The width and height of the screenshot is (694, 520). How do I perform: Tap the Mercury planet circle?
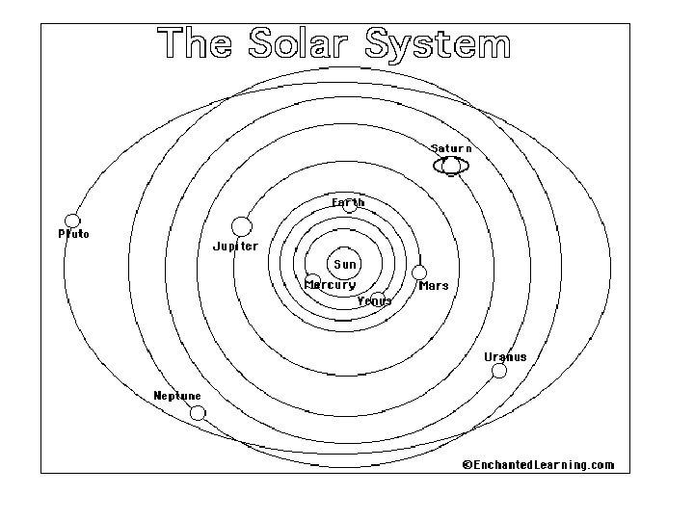coord(312,280)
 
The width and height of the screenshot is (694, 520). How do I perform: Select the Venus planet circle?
coord(379,298)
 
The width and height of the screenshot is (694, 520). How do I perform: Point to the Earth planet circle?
coord(350,206)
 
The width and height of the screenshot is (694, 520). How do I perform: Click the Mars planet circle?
coord(419,273)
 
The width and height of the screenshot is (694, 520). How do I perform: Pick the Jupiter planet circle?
coord(242,226)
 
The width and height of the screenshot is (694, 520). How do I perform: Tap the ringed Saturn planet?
coord(451,167)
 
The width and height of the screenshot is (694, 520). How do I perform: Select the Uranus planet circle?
coord(499,371)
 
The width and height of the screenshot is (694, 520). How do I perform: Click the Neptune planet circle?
coord(198,413)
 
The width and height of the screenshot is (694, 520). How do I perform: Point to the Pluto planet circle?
coord(72,221)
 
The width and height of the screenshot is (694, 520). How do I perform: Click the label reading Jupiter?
coord(235,247)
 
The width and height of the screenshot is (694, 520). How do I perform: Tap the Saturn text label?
coord(451,148)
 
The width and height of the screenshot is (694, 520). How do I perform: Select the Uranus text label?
coord(505,357)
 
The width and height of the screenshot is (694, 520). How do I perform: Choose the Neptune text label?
coord(177,396)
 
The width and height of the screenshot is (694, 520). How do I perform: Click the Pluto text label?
coord(73,234)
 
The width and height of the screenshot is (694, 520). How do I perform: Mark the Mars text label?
coord(434,286)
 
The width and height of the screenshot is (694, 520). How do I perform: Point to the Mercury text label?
coord(331,285)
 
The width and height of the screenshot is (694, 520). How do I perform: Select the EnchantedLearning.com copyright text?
coord(538,465)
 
